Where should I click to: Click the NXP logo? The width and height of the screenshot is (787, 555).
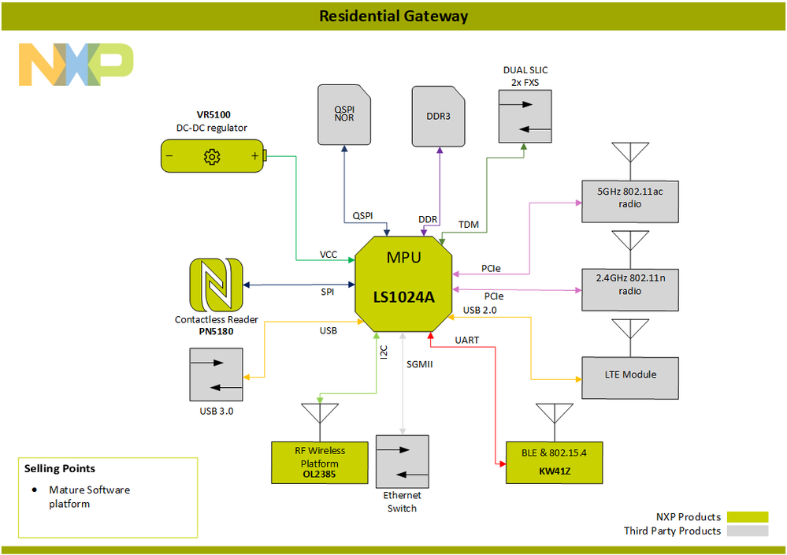[x=76, y=65]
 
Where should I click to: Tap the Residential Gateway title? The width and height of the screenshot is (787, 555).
[x=393, y=16]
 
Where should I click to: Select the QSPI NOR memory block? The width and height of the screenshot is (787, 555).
[x=343, y=115]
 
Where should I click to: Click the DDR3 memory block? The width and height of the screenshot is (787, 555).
[x=438, y=115]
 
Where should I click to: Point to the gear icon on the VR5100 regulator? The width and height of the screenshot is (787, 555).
[x=211, y=156]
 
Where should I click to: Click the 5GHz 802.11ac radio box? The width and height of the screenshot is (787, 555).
[x=629, y=197]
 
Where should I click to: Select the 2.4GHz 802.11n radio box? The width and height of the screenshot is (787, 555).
[x=629, y=285]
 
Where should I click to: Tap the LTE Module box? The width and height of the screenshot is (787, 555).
[x=629, y=374]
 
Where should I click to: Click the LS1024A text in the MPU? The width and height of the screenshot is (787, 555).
[x=403, y=297]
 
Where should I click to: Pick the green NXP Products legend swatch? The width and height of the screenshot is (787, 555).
[x=747, y=517]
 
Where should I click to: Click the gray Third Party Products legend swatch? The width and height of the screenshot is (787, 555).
[x=747, y=531]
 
